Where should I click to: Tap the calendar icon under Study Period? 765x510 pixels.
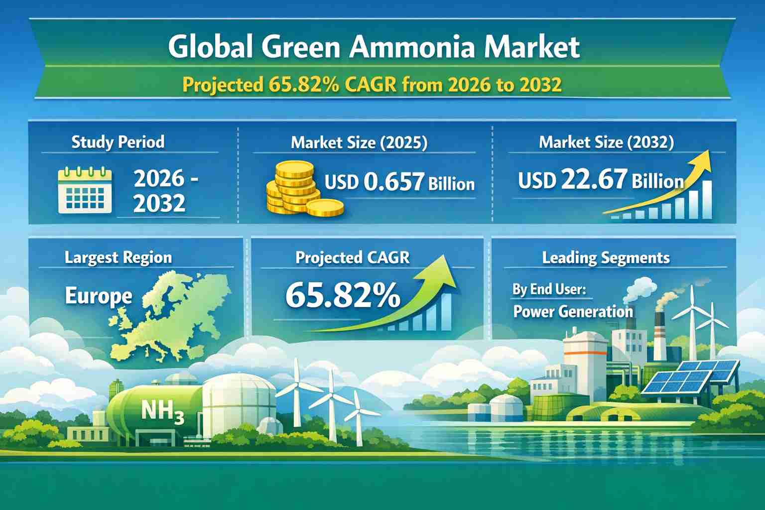point(85,190)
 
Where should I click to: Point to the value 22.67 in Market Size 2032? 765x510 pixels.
point(594,179)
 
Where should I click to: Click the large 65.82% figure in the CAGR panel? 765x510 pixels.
point(343,295)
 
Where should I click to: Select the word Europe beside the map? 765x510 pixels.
point(98,296)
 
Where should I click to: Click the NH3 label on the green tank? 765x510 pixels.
point(162,411)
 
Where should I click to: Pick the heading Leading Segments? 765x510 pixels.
point(606,257)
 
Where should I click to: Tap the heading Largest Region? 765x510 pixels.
point(118,257)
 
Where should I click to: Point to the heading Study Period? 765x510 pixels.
point(118,142)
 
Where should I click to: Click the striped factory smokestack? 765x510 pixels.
point(660,337)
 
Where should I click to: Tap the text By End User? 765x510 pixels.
point(549,290)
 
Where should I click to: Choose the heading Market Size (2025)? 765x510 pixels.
point(359,142)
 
